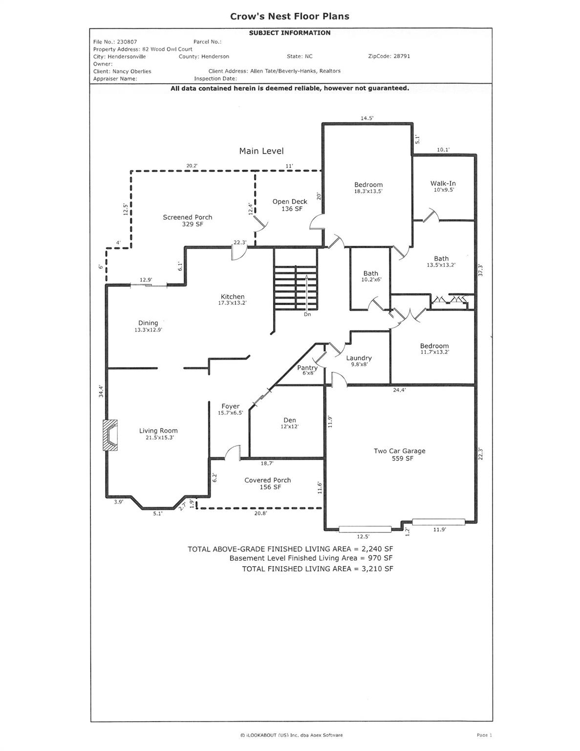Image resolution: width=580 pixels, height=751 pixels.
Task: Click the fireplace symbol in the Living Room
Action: pos(110,435)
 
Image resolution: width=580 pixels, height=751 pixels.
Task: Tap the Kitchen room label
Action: pos(233,299)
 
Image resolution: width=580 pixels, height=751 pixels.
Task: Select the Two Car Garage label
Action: pos(400,454)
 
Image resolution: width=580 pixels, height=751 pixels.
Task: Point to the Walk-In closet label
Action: pos(443,186)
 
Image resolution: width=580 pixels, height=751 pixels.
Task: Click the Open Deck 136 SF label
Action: pos(290,205)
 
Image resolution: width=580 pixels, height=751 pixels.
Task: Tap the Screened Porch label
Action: pos(188,221)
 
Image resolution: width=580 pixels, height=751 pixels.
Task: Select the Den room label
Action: pos(290,423)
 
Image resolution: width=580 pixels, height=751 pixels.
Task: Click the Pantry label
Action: pos(307,370)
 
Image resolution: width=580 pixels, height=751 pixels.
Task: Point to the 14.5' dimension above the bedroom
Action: pos(367,118)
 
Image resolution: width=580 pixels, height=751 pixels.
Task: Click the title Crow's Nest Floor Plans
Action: pos(290,16)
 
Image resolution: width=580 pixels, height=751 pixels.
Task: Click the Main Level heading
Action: pos(261,151)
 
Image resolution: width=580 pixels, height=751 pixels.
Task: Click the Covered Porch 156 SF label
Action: pos(268,484)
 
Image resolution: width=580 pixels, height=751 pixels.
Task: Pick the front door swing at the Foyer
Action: pos(233,452)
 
